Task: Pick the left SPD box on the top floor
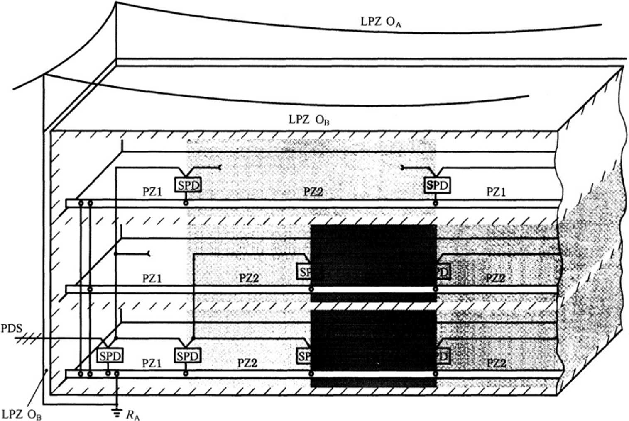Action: (x=188, y=185)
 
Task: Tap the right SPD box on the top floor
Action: (x=437, y=185)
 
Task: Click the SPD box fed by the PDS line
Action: (x=110, y=356)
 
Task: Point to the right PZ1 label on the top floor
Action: (x=496, y=192)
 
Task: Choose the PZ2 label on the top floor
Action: (x=313, y=192)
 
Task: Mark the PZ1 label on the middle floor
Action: (x=152, y=278)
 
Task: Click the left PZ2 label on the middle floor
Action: (x=249, y=278)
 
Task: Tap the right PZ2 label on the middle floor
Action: (x=495, y=278)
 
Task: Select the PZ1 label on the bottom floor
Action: (x=152, y=364)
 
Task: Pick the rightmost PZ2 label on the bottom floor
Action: (x=496, y=364)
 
